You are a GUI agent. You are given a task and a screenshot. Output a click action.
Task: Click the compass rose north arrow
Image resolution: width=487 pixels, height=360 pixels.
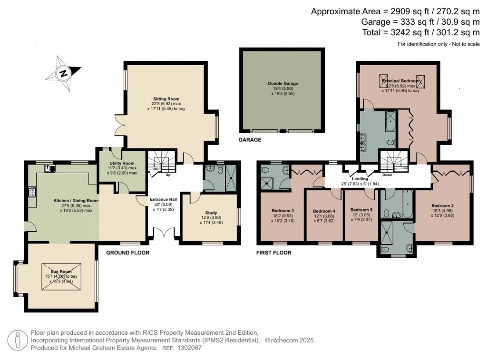click(63, 74)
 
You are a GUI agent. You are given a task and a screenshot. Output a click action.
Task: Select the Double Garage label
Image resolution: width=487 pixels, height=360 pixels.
click(283, 84)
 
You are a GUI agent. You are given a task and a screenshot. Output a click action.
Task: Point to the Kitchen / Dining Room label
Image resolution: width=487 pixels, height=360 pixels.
click(76, 201)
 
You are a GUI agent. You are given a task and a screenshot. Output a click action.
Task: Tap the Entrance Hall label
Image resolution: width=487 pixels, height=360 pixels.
click(163, 199)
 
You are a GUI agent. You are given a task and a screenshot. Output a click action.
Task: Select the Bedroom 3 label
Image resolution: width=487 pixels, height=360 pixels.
click(283, 211)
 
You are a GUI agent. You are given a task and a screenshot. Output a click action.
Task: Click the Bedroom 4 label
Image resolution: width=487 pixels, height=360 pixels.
click(324, 211)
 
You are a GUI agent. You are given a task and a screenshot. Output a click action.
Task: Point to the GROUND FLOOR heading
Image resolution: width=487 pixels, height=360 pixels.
click(127, 253)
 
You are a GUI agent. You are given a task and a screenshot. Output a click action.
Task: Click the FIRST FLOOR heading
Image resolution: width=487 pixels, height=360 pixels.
click(273, 253)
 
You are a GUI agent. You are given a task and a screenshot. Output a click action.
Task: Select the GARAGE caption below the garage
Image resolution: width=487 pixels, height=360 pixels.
click(250, 140)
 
